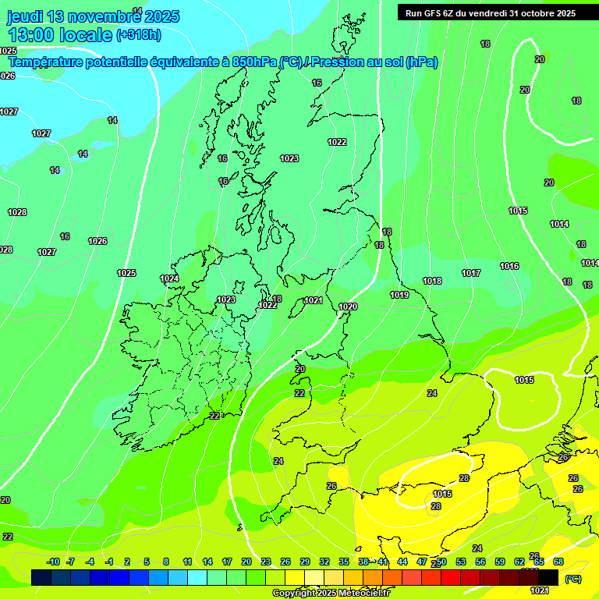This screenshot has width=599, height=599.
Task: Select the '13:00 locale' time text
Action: [x=60, y=34]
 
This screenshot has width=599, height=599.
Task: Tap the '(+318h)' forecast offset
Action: [x=138, y=34]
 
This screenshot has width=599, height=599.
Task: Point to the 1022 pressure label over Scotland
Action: [x=337, y=142]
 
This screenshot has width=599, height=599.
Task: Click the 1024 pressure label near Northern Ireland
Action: [x=169, y=278]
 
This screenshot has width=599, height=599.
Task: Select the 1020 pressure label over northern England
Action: [x=348, y=307]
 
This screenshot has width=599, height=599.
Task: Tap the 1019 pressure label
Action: [x=399, y=295]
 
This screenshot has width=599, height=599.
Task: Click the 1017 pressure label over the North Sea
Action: [x=470, y=273]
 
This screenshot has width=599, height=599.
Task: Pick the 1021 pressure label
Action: [x=314, y=300]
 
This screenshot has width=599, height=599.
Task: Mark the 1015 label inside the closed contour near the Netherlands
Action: [x=524, y=380]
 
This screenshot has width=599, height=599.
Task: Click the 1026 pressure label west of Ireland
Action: [x=97, y=241]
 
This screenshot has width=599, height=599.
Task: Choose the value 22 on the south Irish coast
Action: [x=214, y=416]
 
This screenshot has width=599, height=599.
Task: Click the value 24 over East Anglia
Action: [x=432, y=393]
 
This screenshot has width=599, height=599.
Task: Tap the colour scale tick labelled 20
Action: [x=246, y=562]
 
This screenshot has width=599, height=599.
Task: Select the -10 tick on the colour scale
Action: [x=53, y=562]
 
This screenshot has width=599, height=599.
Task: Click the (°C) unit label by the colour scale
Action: [x=572, y=579]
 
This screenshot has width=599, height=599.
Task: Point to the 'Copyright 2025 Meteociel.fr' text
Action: [x=331, y=593]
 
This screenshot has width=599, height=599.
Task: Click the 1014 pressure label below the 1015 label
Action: [x=559, y=224]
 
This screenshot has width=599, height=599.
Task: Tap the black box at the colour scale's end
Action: [x=548, y=576]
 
